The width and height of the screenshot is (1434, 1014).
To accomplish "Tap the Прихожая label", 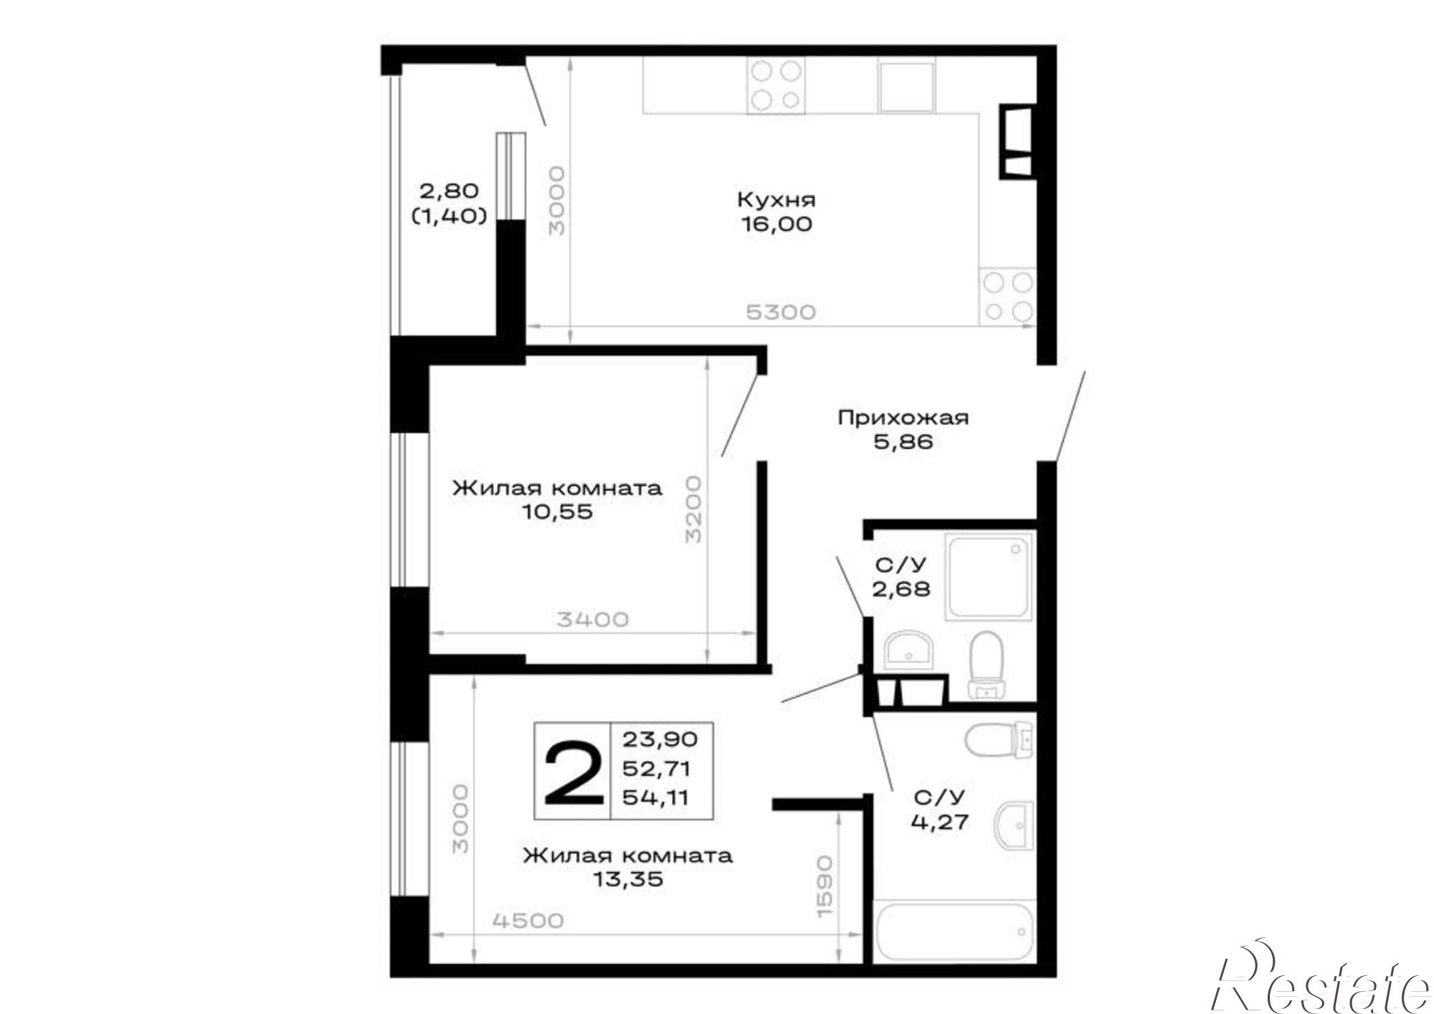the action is coord(903,417).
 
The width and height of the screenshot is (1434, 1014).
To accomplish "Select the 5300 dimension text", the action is coord(781,313).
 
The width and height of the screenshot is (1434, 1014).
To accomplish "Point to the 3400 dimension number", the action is coord(593,619).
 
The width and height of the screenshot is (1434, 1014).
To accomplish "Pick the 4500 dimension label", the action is coord(528,920).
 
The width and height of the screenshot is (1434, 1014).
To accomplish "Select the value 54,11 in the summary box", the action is coord(655,797).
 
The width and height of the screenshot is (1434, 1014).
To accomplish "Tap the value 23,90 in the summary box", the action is coord(659,738).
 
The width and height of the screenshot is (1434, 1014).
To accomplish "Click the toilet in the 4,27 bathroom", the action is coord(999,740).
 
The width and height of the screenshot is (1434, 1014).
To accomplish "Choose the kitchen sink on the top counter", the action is coord(907,86).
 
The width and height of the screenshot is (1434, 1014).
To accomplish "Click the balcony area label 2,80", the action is coord(449,191).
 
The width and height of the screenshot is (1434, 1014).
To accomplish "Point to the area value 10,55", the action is coord(557,512).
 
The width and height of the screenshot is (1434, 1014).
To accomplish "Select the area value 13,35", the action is coord(627,879).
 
